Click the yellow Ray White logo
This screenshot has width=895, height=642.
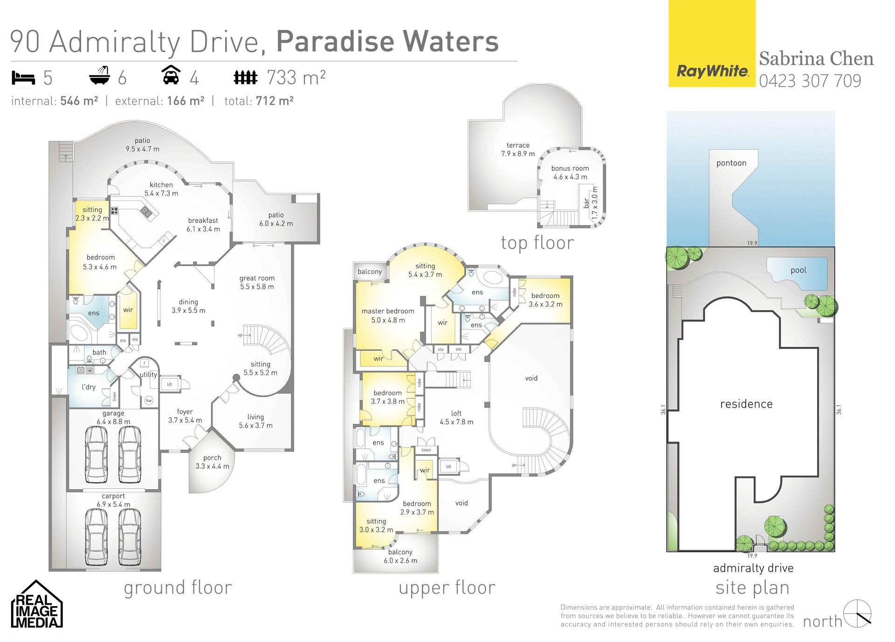(x=712, y=43)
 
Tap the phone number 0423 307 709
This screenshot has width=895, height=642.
(x=810, y=81)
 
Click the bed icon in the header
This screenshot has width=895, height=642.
(x=23, y=77)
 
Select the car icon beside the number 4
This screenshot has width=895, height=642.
(x=171, y=75)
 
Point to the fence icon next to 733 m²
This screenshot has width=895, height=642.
(x=245, y=77)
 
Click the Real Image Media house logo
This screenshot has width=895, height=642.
(x=37, y=604)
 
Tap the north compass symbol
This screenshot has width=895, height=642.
(x=858, y=614)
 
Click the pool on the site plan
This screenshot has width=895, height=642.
(x=797, y=273)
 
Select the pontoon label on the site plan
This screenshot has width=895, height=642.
(x=731, y=163)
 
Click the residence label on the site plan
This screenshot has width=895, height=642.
(x=746, y=404)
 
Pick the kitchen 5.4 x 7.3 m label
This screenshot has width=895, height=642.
(x=161, y=189)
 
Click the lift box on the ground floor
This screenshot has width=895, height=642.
(x=170, y=384)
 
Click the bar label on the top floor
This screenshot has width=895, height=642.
(x=586, y=203)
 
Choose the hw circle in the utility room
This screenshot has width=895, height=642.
(x=149, y=401)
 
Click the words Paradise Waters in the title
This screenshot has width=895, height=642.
(x=387, y=41)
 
